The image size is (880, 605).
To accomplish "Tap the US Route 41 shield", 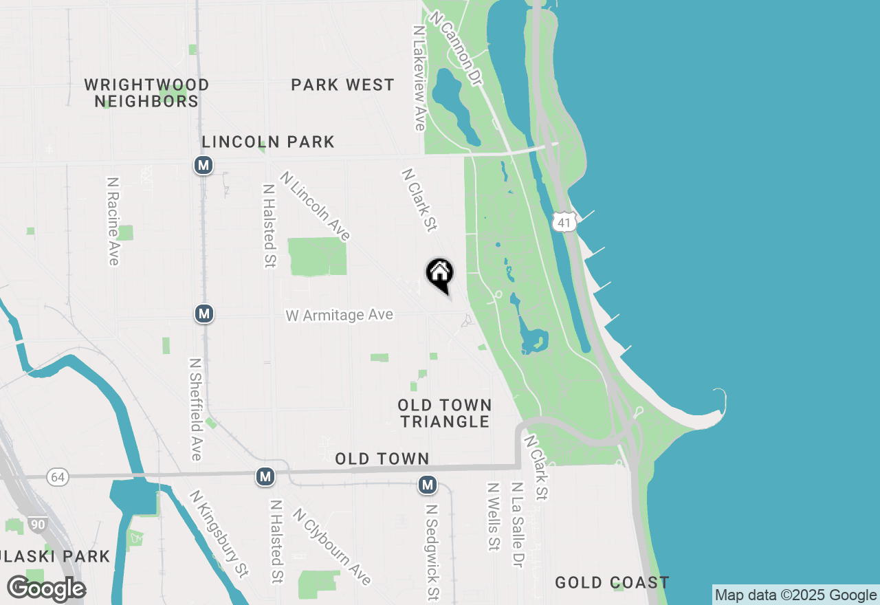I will (564, 222).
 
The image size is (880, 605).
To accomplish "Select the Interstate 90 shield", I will (38, 525).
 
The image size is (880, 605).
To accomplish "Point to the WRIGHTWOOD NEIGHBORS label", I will (146, 93).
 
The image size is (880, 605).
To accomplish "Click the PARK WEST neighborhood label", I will (342, 85).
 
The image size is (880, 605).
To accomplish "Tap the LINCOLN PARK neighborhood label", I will (268, 142).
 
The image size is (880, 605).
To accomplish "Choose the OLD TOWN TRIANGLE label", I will (445, 413).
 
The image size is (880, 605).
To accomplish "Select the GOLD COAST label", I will (612, 583).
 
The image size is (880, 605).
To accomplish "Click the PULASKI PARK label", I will (55, 556).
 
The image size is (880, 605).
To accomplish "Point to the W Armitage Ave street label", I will (340, 315).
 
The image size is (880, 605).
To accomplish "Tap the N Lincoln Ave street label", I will (315, 206).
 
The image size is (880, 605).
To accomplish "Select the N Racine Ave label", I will (113, 221).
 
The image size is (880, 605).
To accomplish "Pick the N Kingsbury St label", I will (219, 533).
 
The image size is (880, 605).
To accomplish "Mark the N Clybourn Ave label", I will (331, 547).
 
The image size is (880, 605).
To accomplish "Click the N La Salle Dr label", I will (518, 525).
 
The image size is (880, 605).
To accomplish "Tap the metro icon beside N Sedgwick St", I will (428, 485).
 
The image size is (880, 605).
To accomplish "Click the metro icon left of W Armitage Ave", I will (203, 314).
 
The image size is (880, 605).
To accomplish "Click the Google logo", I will (46, 589).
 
